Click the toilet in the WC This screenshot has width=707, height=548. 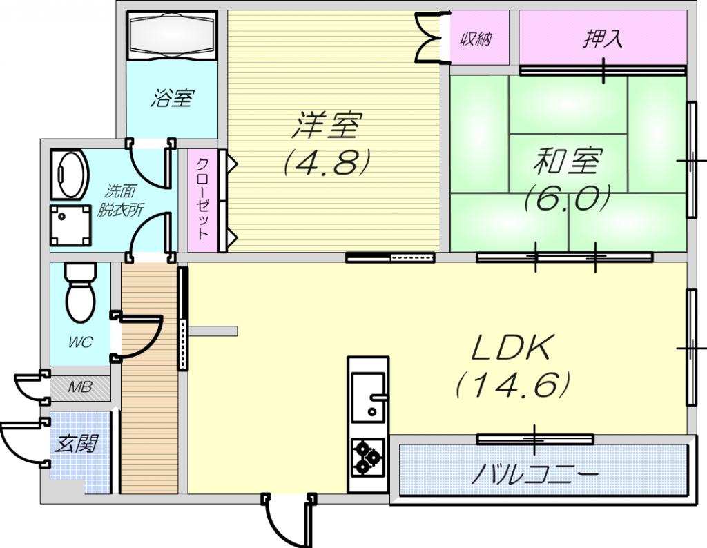coord(81,293)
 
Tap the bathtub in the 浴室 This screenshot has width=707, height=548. coord(172,36)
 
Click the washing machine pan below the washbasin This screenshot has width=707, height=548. coord(69,225)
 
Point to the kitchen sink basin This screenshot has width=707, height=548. coord(369,397)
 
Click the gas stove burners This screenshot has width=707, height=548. coord(369,458)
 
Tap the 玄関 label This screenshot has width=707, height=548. coord(77,444)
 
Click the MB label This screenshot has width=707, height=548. coord(80,387)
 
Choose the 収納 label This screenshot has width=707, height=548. coord(476,39)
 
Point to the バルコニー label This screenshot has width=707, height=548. coord(535,474)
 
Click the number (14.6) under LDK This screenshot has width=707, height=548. coord(514,384)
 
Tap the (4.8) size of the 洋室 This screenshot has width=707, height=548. coord(327,162)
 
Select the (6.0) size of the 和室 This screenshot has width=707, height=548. coord(568,198)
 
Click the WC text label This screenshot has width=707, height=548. coord(81,342)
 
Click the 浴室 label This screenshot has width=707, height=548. coord(172,98)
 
